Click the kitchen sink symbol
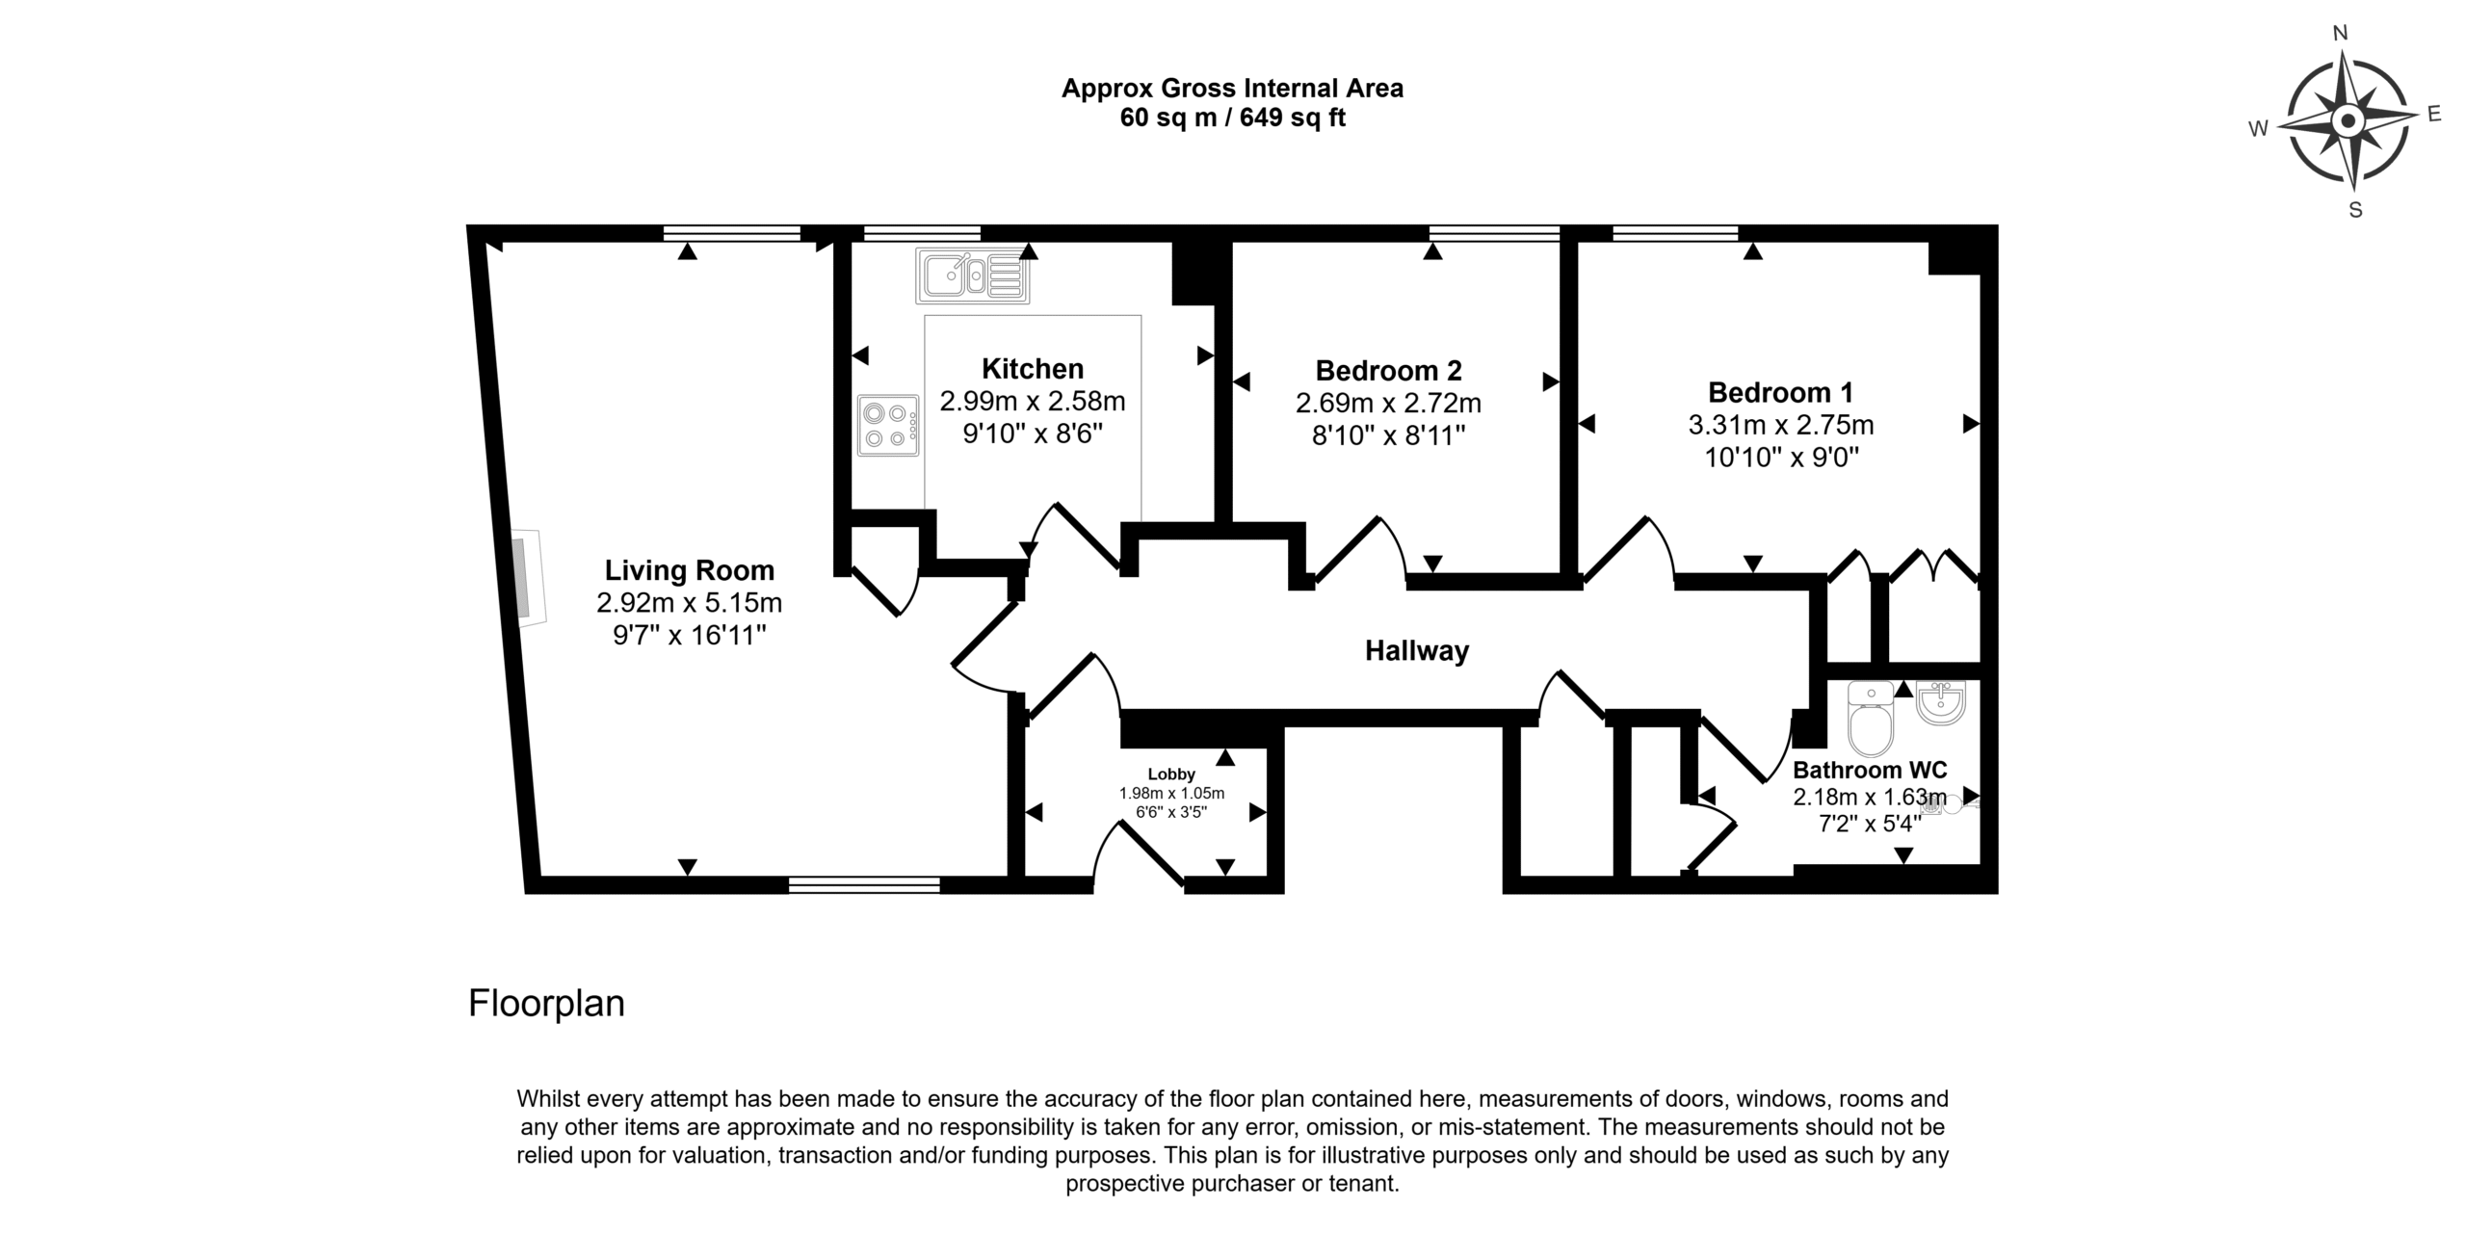(x=973, y=276)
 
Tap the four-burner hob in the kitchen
(x=888, y=425)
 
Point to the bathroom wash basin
(x=1940, y=702)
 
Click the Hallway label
(x=1417, y=651)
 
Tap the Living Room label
(x=690, y=570)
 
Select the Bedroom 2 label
(x=1389, y=370)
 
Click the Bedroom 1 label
(x=1781, y=392)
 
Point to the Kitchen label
(x=1033, y=368)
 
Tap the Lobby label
(x=1171, y=775)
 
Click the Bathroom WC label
(x=1870, y=771)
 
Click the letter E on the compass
(x=2434, y=115)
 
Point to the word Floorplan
(x=546, y=1004)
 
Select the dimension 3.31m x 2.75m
(x=1781, y=425)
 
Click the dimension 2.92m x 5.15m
(x=690, y=603)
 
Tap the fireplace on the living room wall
(x=528, y=579)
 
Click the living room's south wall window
(x=864, y=885)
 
